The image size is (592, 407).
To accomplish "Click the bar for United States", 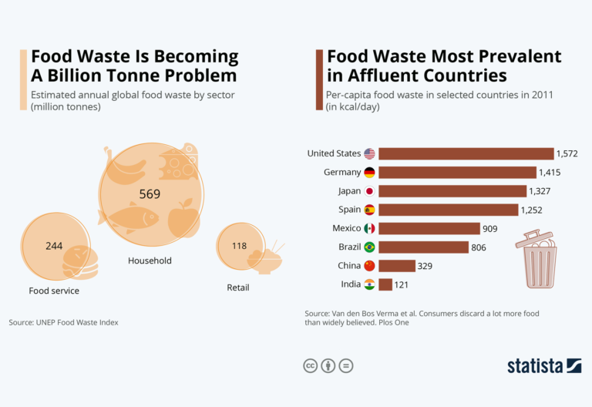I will click(x=466, y=153).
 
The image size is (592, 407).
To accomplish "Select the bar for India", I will click(x=385, y=284).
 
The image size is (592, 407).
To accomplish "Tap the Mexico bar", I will click(x=429, y=228).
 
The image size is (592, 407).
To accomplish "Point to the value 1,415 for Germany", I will click(x=551, y=173).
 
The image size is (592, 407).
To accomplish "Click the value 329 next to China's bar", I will click(x=425, y=266).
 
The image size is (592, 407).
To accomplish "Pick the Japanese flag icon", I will click(x=369, y=191).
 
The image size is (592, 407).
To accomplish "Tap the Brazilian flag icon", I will click(x=369, y=247).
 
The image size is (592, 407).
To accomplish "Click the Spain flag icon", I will click(x=369, y=210).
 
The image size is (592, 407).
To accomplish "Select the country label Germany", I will click(x=342, y=173).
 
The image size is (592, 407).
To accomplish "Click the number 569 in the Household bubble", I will click(x=150, y=194).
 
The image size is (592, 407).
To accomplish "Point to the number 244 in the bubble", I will click(x=54, y=246).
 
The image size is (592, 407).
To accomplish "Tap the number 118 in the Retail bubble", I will click(x=239, y=246).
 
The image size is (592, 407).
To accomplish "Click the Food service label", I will click(x=54, y=291).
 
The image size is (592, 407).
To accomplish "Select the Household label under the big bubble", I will click(x=150, y=261).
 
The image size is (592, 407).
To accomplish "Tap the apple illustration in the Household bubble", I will click(x=183, y=218).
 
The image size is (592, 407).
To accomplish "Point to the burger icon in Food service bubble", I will click(x=80, y=262).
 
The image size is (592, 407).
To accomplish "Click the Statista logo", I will click(x=543, y=365).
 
